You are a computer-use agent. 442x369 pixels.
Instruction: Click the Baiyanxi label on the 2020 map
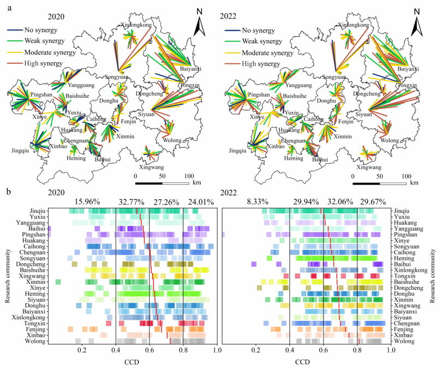click(191, 68)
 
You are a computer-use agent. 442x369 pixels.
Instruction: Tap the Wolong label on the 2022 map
click(389, 140)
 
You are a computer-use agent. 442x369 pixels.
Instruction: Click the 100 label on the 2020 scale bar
click(189, 176)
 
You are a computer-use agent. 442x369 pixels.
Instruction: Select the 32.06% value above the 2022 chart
click(340, 201)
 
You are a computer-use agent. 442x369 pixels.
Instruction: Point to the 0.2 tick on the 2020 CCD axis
click(82, 349)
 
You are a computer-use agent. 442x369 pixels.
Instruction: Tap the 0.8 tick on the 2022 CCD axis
click(358, 349)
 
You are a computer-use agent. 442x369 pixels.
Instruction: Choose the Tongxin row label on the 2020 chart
click(36, 324)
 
